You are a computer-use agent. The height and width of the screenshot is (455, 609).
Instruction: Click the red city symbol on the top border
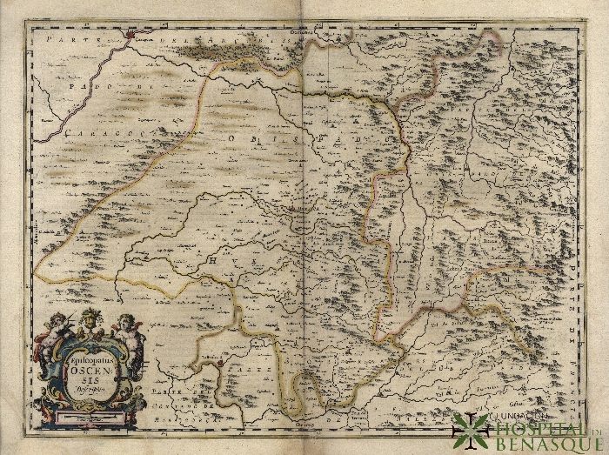coord(131,36)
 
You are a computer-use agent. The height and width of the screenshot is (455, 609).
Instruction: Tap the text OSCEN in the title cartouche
coord(87,371)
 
